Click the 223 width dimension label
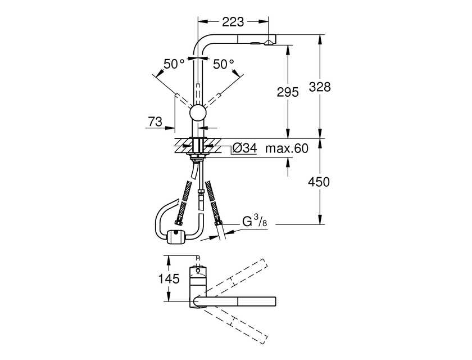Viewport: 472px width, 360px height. coord(233,22)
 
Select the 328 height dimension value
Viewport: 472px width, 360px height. coord(320,87)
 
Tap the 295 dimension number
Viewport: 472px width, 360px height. coord(288,92)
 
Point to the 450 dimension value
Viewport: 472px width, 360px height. coord(319,182)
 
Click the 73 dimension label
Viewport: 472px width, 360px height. coord(155,121)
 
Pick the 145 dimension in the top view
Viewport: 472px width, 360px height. coord(169,278)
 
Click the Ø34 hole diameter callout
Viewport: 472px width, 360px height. coord(245,148)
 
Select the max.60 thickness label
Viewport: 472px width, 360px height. coord(287,148)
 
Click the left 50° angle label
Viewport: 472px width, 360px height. coord(174,64)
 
